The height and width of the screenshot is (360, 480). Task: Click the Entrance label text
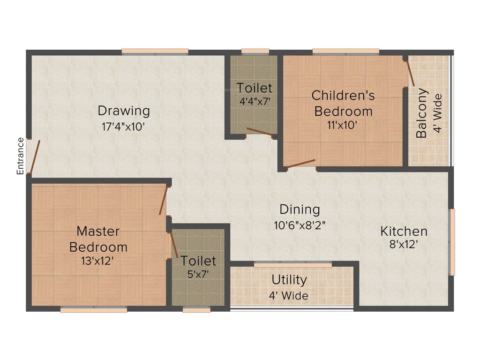click(20, 156)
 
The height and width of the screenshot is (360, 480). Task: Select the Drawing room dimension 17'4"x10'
click(124, 127)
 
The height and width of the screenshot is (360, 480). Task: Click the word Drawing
click(124, 111)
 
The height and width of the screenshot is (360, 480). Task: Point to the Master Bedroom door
click(163, 201)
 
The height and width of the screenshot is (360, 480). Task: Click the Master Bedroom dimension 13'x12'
click(98, 261)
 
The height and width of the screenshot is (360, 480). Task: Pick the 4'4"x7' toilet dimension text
click(254, 100)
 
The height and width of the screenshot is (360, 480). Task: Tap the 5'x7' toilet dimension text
click(198, 274)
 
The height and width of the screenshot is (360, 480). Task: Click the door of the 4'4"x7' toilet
click(260, 132)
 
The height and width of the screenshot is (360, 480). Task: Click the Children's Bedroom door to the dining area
click(300, 164)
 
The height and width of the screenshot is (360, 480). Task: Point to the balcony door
click(410, 73)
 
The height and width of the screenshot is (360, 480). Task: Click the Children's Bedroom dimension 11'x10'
click(343, 125)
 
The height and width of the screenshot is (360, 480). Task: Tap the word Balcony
click(422, 113)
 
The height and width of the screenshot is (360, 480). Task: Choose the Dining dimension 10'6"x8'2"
click(300, 225)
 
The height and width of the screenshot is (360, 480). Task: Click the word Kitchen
click(404, 231)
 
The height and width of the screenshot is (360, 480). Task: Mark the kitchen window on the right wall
click(452, 241)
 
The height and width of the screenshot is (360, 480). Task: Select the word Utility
click(289, 280)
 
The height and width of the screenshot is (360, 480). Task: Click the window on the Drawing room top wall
click(155, 52)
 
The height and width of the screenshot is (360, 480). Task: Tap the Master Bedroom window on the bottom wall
click(94, 309)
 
